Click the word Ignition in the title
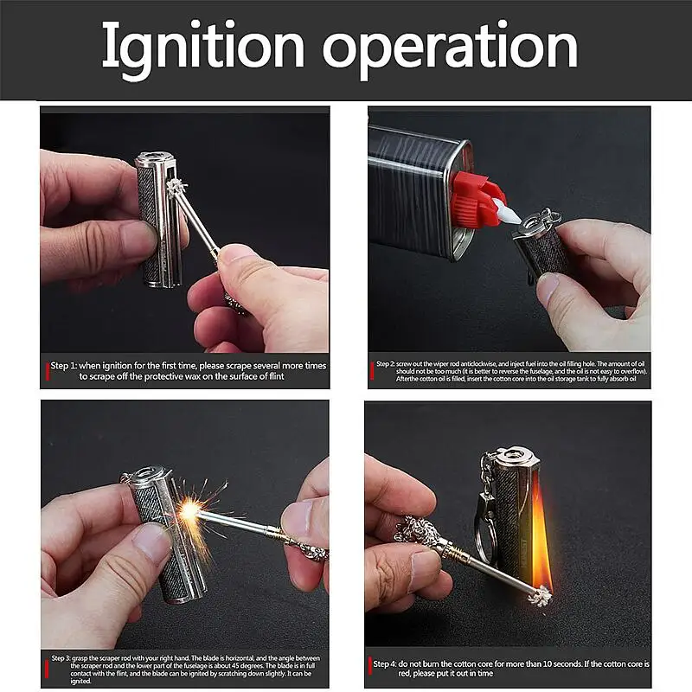click(204, 48)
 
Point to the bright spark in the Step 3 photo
click(189, 511)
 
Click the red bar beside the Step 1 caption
click(47, 370)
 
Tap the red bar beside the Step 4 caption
click(370, 669)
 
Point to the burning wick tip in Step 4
click(541, 597)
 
